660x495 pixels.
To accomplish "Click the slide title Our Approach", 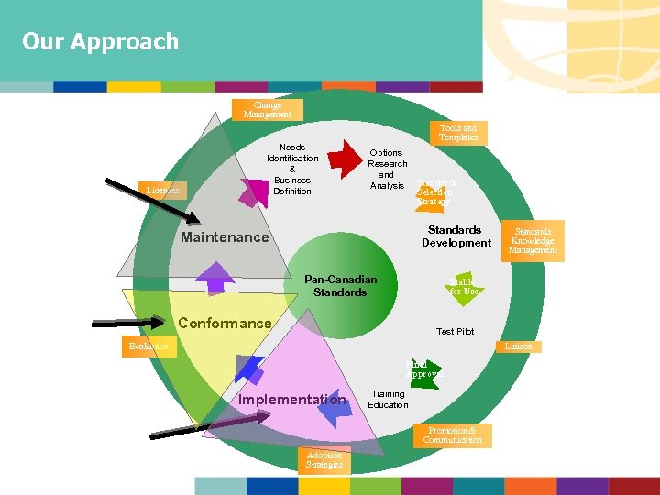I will coord(101,41).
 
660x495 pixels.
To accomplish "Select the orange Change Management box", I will coord(268,110).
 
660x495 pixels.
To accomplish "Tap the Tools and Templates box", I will coord(457,133).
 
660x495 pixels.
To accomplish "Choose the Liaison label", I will coord(519,346).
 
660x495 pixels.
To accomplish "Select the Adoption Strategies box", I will coord(324,460).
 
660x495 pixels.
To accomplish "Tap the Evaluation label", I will coord(148,346).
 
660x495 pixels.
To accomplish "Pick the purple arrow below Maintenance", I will coord(216,277).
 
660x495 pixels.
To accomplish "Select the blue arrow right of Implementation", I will coord(334,408).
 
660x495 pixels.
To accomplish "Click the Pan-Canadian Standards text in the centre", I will coord(340,285).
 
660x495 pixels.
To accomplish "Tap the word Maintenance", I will coord(225,237).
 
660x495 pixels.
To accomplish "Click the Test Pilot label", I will coord(455,331).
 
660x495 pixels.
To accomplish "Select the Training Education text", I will coord(388,400).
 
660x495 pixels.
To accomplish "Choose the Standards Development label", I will coord(456,236).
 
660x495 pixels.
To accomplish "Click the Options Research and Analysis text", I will coord(387,170).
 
